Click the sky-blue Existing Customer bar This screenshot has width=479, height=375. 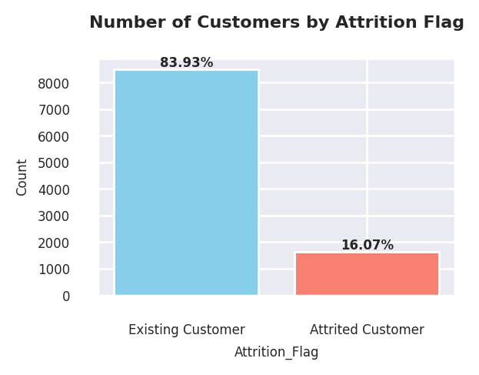[x=186, y=182]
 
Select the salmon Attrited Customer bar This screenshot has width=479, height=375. [x=367, y=273]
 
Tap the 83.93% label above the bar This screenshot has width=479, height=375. [x=186, y=63]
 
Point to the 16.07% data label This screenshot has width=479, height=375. [x=367, y=246]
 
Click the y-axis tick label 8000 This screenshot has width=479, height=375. [x=54, y=84]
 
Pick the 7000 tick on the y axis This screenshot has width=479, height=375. [x=54, y=111]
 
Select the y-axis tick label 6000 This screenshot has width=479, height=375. [x=54, y=137]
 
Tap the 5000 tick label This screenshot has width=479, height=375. [x=54, y=163]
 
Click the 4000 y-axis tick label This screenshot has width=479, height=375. [x=54, y=190]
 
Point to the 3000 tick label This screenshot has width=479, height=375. [x=54, y=216]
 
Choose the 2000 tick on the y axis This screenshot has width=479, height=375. [x=54, y=243]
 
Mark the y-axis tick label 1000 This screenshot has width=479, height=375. [x=54, y=270]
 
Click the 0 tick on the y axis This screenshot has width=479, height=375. [x=66, y=296]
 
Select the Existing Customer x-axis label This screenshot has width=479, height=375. [x=186, y=330]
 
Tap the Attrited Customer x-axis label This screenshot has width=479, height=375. [x=367, y=330]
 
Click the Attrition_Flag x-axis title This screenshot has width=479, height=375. [x=276, y=353]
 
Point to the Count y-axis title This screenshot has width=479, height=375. [x=22, y=177]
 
